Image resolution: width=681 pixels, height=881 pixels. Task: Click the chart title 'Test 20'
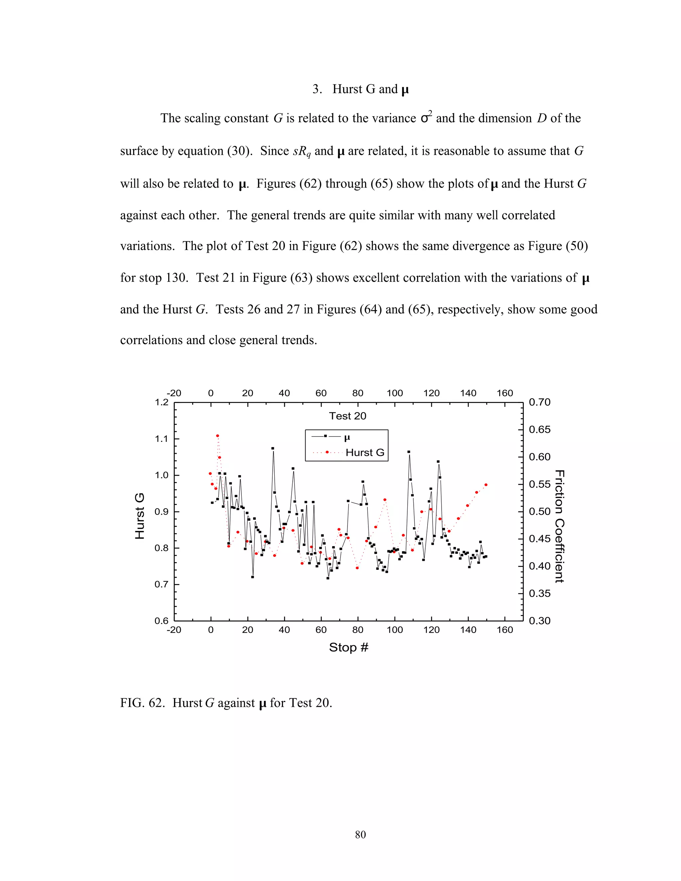tap(347, 416)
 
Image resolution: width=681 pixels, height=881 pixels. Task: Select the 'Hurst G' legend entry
tap(365, 452)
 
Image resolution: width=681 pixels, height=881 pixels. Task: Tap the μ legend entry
tap(347, 437)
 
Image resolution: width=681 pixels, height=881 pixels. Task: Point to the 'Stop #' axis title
tap(348, 647)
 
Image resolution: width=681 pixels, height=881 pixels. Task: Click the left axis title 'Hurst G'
tap(140, 516)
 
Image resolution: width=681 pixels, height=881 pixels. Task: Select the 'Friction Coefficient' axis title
tap(559, 526)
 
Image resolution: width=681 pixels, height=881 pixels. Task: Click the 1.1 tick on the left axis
tap(161, 439)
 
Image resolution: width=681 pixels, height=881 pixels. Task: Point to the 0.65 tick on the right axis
tap(539, 430)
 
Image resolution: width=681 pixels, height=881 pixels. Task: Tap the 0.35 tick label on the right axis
tap(539, 593)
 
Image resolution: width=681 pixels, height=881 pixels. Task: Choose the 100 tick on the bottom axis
tap(395, 630)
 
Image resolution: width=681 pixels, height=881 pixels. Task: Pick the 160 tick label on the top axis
tap(505, 393)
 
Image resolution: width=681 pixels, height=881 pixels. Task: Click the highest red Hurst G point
tap(217, 436)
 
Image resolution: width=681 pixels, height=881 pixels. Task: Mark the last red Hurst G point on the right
tap(486, 485)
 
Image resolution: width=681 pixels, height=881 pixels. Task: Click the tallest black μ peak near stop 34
tap(273, 448)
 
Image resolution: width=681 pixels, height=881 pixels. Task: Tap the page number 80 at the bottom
tap(360, 834)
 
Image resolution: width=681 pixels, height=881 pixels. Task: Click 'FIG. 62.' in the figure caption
tap(142, 703)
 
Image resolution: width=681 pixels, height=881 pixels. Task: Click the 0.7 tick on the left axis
tap(161, 584)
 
